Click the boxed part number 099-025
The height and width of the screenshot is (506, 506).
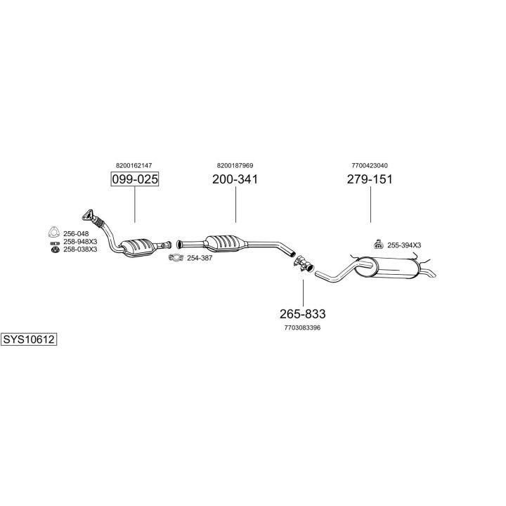click(135, 179)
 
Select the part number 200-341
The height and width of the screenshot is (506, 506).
click(235, 179)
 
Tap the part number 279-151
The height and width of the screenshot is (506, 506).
click(370, 179)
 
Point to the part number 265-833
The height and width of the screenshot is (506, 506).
click(303, 314)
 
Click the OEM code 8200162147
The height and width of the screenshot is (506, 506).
click(134, 166)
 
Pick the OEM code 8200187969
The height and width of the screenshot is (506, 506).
click(235, 166)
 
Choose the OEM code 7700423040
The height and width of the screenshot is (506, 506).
click(370, 166)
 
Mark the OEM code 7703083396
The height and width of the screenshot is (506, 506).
click(303, 328)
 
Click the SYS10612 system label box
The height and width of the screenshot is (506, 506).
click(29, 339)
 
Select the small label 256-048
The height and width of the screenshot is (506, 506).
click(76, 233)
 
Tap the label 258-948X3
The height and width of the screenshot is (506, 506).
click(80, 242)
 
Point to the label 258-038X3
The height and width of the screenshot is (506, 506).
click(80, 249)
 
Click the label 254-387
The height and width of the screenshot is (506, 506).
click(200, 258)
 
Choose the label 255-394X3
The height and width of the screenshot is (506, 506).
click(404, 245)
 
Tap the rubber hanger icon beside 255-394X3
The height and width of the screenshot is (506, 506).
click(378, 245)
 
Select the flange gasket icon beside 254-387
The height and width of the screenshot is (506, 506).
click(176, 257)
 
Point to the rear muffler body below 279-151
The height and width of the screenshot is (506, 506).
click(387, 268)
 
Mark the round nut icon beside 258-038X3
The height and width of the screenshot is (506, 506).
click(56, 249)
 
